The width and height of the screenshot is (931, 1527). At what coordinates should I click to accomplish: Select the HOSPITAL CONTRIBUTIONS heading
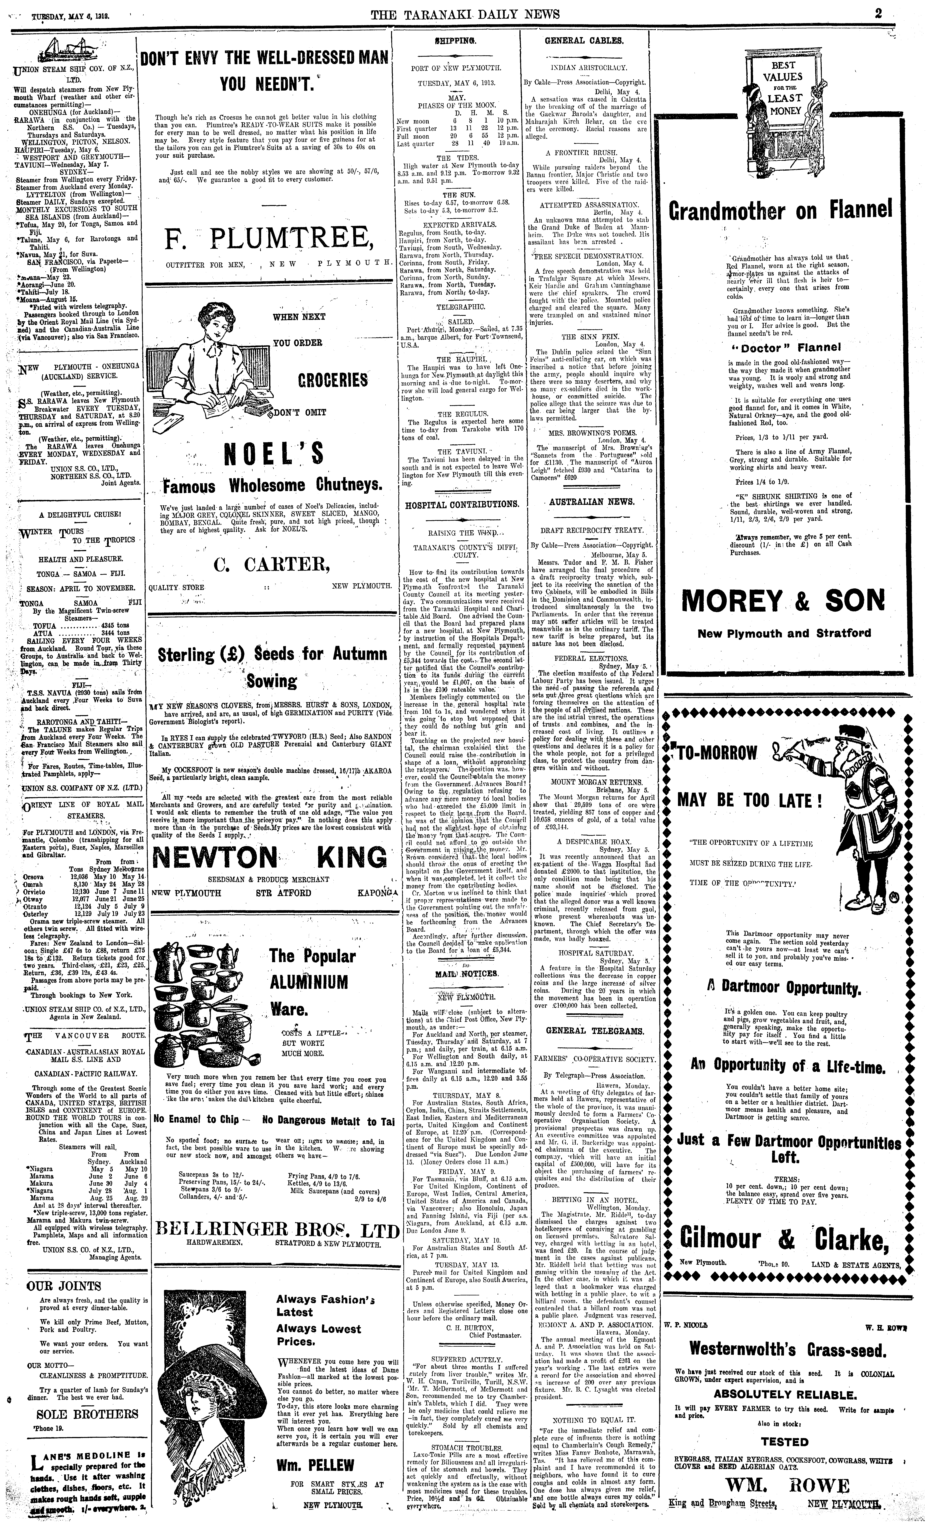462,504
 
